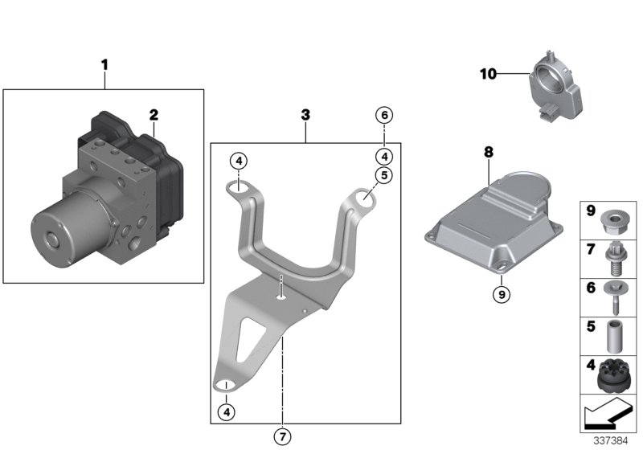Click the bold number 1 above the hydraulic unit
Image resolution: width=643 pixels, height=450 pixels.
coord(104,63)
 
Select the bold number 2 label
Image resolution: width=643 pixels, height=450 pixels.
coord(153,115)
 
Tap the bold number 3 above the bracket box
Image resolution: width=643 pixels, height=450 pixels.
coord(305,116)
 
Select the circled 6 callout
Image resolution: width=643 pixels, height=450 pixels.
coord(385,116)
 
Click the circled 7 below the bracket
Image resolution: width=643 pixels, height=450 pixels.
coord(282,436)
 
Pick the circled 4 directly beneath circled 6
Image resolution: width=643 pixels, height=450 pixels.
coord(385,156)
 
